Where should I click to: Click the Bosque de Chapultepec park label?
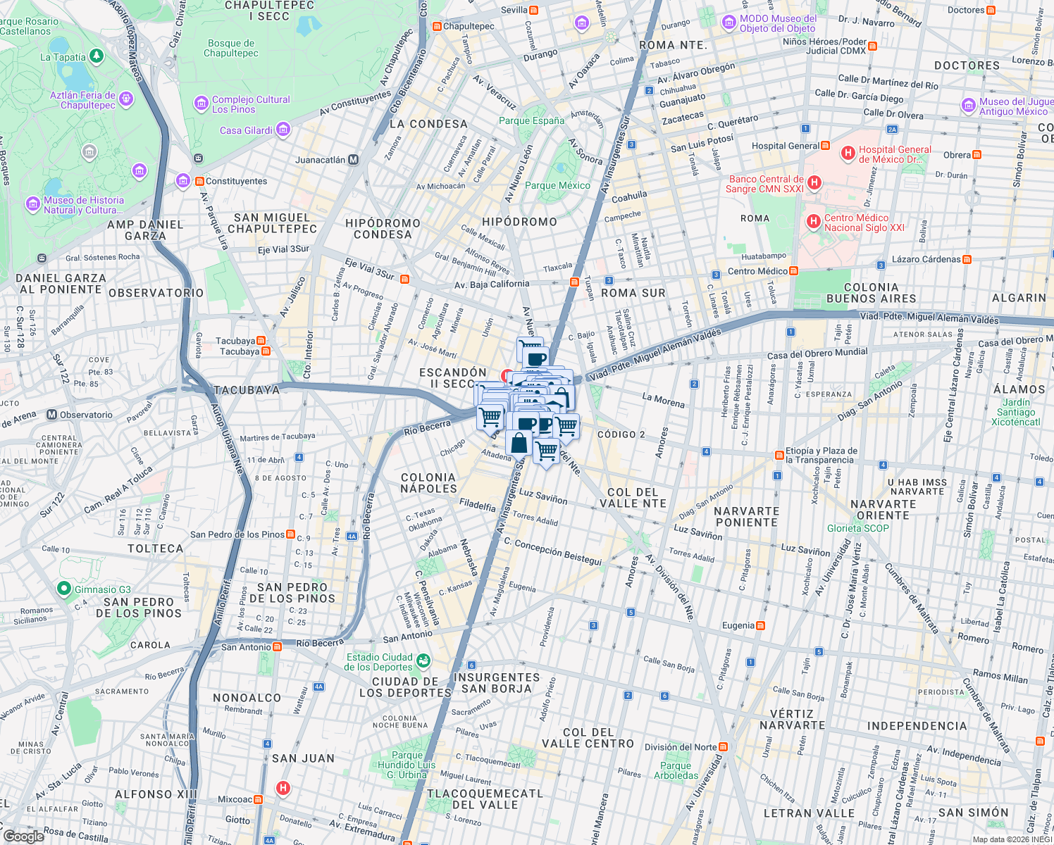click(230, 48)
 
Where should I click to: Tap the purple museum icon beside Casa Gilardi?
click(283, 130)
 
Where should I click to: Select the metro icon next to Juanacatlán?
click(354, 160)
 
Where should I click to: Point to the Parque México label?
click(557, 185)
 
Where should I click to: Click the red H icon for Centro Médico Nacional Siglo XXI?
click(814, 222)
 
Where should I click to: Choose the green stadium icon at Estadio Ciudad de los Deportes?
click(423, 661)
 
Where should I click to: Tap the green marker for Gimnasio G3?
click(64, 589)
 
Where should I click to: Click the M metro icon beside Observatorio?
click(51, 415)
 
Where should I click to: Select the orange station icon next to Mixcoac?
click(259, 799)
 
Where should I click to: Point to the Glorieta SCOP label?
click(857, 528)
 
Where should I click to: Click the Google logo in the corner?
click(23, 836)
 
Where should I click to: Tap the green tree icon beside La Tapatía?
click(97, 56)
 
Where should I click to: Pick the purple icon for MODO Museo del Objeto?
click(729, 23)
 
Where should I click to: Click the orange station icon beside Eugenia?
click(760, 625)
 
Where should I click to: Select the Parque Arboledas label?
click(676, 770)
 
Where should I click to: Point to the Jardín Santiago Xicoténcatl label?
click(1015, 412)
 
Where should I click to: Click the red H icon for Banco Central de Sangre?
click(814, 183)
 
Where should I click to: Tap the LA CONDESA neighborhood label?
click(428, 124)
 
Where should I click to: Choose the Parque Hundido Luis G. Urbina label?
click(407, 765)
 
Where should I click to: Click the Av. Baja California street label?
click(491, 284)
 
